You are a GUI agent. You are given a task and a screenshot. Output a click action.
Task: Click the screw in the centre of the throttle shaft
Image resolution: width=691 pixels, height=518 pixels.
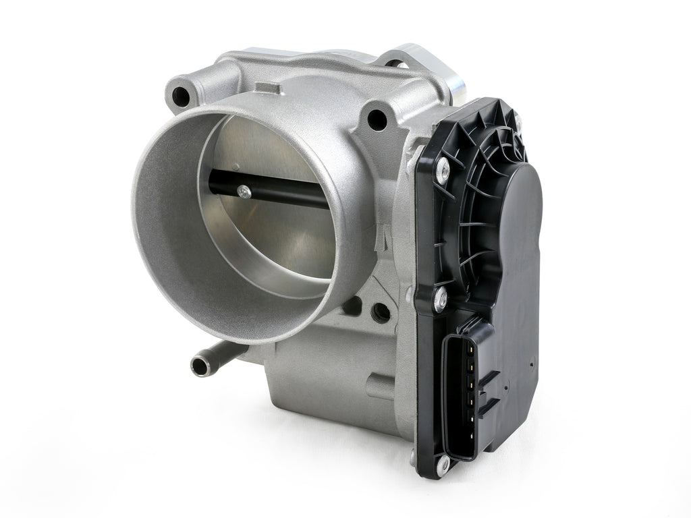click(244, 192)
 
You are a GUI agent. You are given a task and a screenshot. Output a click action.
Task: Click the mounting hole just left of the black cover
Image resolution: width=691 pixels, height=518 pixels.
click(377, 121)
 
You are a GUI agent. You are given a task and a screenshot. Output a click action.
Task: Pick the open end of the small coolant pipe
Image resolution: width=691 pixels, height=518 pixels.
click(198, 366)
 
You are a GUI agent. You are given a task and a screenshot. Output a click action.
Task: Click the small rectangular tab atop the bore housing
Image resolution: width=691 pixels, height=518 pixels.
click(267, 88)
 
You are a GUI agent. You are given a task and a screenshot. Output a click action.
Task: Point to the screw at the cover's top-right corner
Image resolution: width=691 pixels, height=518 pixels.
click(518, 121)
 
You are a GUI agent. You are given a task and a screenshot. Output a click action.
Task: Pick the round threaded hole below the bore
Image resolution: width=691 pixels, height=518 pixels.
click(380, 312)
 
